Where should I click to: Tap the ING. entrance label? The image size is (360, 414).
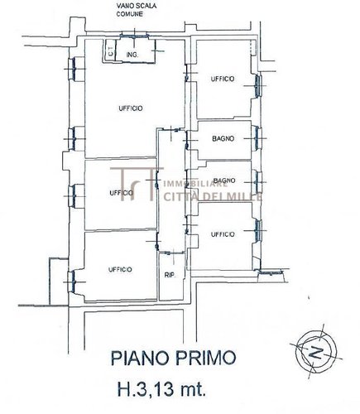pos(131,55)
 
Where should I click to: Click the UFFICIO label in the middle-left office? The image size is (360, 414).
pos(121,193)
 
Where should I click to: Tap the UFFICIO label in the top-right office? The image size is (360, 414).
pos(222,79)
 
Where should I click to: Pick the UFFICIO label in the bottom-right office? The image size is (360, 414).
pos(222,234)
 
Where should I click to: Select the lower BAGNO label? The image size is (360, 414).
pos(222,181)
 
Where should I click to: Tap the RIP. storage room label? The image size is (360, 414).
pos(169,274)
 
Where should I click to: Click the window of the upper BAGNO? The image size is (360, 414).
pos(259,139)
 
